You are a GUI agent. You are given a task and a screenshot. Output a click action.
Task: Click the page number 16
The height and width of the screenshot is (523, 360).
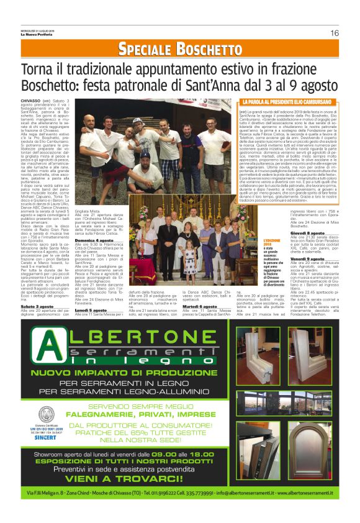334,33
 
